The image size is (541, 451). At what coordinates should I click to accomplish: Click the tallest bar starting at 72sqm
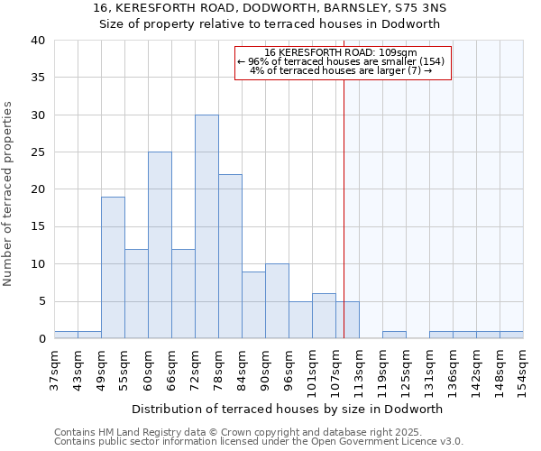(x=206, y=226)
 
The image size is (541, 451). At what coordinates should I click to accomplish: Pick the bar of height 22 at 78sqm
(x=230, y=256)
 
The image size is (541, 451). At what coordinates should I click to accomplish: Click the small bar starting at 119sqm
(x=394, y=335)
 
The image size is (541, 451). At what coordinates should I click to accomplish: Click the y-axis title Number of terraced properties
(x=9, y=194)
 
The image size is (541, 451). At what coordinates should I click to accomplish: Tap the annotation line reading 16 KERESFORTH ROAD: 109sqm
(x=342, y=52)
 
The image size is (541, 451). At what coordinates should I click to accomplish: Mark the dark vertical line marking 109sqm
(x=344, y=207)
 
